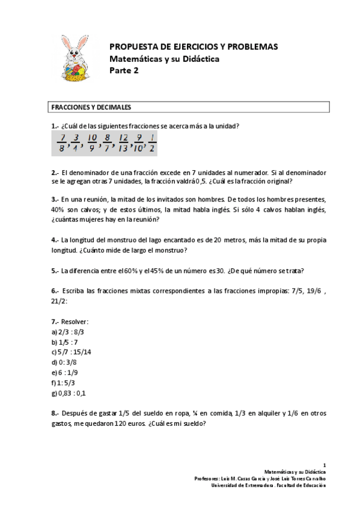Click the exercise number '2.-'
click(x=55, y=172)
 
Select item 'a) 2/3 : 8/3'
click(x=67, y=331)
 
